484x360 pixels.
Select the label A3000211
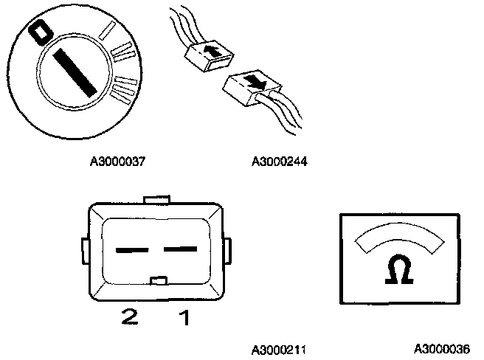pyautogui.click(x=280, y=348)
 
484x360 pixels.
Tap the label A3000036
pyautogui.click(x=440, y=348)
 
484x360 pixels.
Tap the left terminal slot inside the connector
pyautogui.click(x=131, y=250)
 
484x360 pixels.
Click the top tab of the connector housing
pyautogui.click(x=159, y=199)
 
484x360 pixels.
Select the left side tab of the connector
pyautogui.click(x=84, y=249)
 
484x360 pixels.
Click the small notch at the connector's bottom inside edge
pyautogui.click(x=159, y=280)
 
